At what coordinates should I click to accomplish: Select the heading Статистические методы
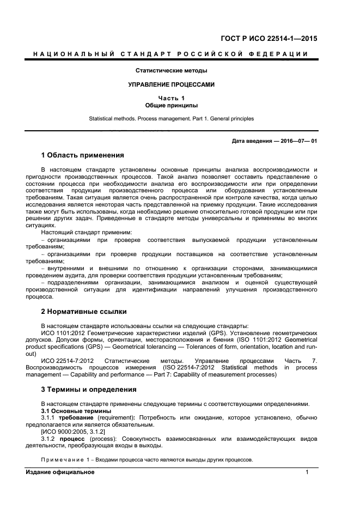(171, 70)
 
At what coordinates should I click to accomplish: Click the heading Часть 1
(171, 98)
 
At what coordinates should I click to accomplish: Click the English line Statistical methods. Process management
(171, 118)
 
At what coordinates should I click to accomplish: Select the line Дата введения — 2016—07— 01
(274, 141)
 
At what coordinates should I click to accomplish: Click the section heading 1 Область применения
(83, 155)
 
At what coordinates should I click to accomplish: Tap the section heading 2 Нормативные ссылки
(84, 312)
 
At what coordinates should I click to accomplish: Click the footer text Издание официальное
(60, 472)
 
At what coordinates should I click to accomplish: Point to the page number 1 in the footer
(307, 472)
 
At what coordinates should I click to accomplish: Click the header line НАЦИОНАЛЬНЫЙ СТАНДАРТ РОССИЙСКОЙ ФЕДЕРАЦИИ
(171, 54)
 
